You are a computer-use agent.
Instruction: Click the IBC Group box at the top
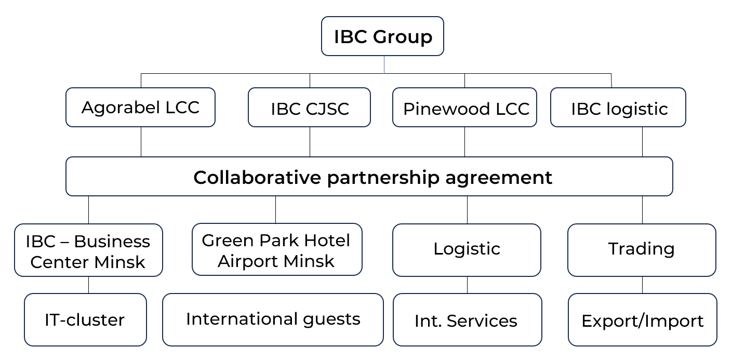click(382, 36)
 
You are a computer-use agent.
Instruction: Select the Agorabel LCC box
click(140, 107)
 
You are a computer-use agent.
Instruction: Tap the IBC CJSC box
click(309, 108)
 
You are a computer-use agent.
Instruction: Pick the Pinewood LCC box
click(464, 108)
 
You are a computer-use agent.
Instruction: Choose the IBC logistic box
click(618, 108)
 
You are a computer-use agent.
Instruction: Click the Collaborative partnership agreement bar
click(369, 177)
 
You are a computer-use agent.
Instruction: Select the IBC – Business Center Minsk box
click(88, 250)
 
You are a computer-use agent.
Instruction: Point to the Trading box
click(642, 250)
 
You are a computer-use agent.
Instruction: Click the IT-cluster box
click(85, 320)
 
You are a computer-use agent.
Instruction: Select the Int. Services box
click(467, 320)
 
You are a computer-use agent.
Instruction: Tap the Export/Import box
click(642, 320)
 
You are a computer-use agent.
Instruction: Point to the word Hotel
click(327, 241)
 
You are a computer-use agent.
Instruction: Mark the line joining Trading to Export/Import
click(642, 285)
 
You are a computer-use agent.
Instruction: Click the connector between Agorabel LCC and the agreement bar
click(141, 142)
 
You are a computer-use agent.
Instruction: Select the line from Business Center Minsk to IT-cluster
click(88, 285)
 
